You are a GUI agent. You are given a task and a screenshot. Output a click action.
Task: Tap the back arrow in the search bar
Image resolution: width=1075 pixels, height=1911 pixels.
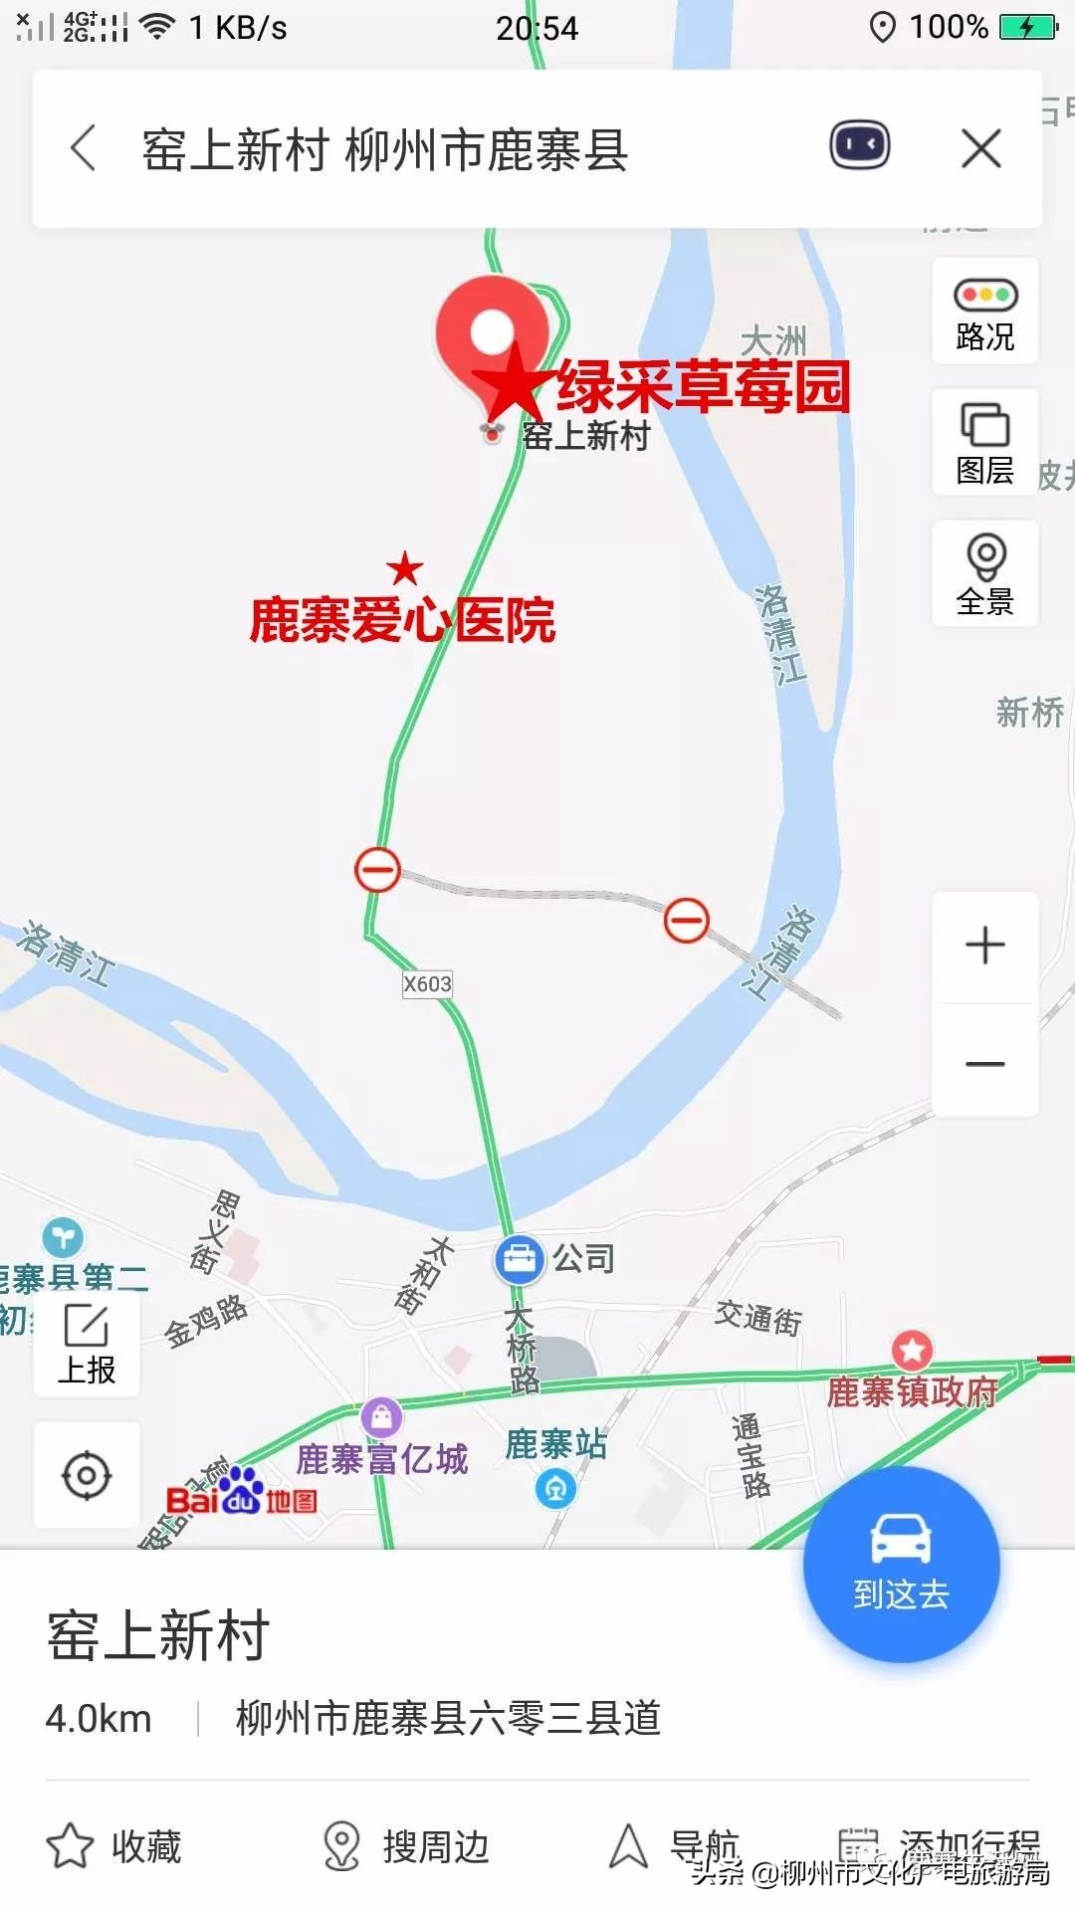(85, 149)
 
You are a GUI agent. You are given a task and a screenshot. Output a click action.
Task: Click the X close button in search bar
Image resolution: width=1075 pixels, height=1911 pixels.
(980, 149)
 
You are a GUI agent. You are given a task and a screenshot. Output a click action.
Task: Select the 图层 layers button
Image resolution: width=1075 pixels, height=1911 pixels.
(985, 442)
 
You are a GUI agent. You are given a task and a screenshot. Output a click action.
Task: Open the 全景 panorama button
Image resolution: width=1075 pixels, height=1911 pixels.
(985, 573)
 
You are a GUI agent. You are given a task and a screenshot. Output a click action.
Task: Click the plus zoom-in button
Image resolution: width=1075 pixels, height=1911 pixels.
(985, 946)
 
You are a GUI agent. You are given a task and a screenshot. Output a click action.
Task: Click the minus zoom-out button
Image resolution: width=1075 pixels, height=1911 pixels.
(985, 1064)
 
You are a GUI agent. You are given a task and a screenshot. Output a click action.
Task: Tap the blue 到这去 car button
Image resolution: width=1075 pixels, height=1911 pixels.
(901, 1564)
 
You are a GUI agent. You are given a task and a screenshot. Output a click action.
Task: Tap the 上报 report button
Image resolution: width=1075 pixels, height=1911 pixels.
(87, 1345)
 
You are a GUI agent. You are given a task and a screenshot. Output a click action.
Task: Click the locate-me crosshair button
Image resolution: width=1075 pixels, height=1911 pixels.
(87, 1475)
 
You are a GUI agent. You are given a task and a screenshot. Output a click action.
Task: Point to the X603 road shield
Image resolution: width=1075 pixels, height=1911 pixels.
(427, 984)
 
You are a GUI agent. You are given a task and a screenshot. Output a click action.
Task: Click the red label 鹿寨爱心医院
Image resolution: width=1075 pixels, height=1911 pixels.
(402, 620)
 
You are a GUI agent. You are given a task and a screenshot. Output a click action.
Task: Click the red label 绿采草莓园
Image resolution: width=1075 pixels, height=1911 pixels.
(703, 386)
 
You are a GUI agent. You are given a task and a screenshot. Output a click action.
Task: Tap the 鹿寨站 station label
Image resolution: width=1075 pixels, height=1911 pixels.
(555, 1444)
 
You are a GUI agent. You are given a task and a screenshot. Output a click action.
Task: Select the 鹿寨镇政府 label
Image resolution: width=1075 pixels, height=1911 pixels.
(912, 1391)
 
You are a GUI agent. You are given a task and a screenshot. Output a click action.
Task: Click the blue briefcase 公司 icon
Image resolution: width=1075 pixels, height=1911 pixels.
(519, 1259)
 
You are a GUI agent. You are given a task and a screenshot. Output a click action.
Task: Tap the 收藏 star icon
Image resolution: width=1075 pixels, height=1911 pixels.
(70, 1846)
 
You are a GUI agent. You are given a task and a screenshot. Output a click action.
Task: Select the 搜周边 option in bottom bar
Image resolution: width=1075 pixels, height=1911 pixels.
(406, 1846)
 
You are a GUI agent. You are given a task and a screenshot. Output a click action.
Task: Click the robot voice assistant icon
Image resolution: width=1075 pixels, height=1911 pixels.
(860, 147)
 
